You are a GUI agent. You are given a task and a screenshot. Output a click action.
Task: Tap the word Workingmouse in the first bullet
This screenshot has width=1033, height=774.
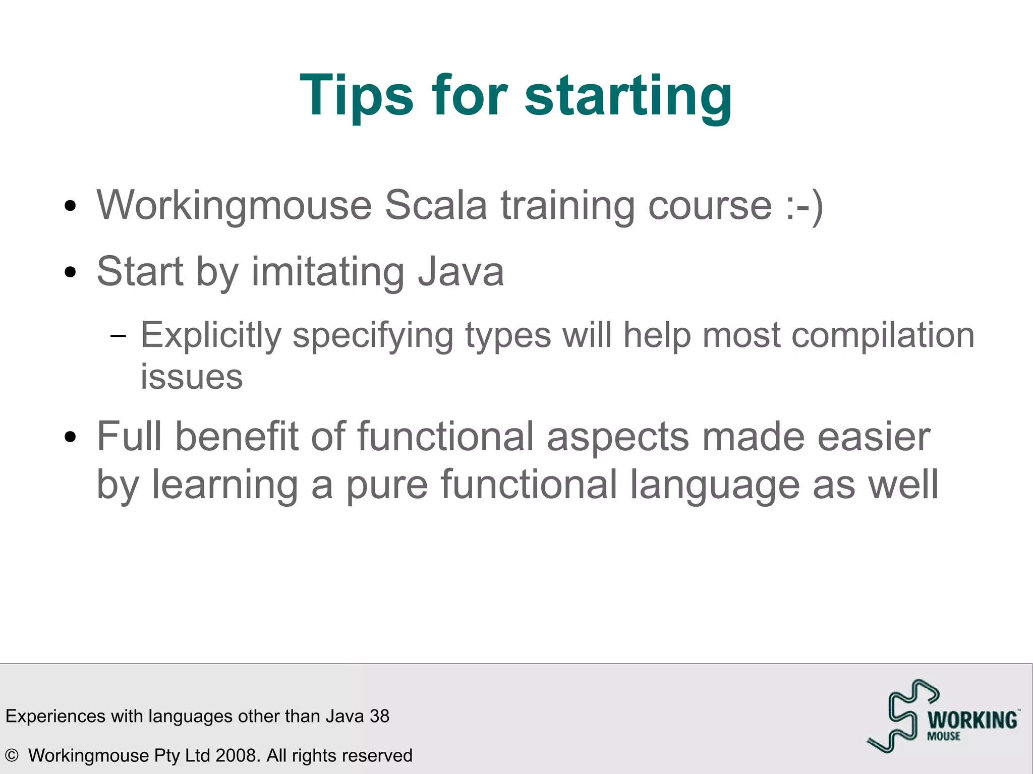point(234,206)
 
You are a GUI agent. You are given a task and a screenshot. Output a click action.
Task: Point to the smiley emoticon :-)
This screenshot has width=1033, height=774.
point(805,206)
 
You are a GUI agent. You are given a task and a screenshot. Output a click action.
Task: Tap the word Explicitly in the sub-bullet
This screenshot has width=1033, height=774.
point(210,335)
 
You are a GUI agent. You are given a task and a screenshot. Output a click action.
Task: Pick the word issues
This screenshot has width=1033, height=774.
point(192,377)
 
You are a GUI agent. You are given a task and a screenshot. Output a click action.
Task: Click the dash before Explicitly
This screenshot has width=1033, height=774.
point(118,336)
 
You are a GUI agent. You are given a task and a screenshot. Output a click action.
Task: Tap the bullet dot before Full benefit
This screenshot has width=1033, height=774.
point(71,437)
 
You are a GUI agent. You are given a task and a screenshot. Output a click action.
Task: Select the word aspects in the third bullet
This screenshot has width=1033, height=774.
point(618,437)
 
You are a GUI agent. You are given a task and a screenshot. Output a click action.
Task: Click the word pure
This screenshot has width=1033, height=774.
point(386,485)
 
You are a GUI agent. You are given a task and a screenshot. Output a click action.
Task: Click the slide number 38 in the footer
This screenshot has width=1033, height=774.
point(379,716)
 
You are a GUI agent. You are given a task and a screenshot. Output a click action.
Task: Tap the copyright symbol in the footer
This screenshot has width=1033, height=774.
point(12,755)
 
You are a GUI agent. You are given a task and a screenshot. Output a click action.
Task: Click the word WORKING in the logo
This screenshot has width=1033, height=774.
point(972,720)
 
